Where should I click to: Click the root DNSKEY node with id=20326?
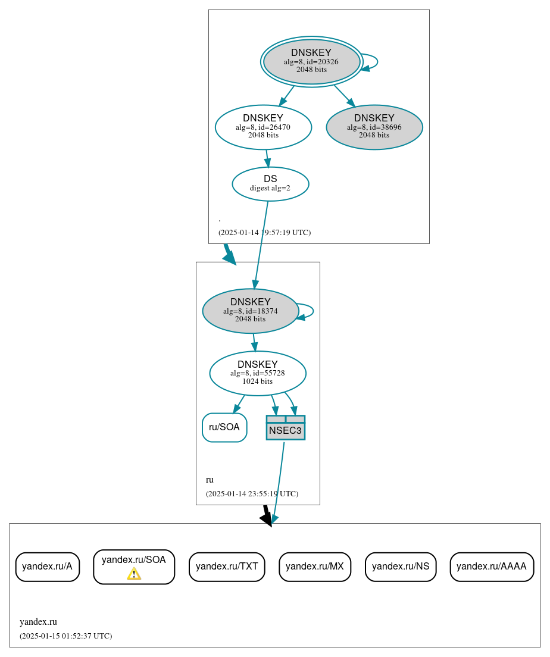point(311,61)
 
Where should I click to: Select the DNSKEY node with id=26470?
point(263,127)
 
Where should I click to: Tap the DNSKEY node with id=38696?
point(374,127)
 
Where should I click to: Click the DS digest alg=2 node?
point(270,183)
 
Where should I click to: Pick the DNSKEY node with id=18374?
point(250,311)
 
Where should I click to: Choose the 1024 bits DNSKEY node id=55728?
point(257,373)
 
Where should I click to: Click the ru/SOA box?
point(224,427)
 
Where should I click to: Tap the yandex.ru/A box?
point(47,567)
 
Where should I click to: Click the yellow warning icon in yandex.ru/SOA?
point(134,574)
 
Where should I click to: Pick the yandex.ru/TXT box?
point(226,567)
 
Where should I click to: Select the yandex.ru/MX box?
point(314,567)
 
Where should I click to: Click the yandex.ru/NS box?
point(401,567)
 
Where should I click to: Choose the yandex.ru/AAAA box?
point(491,567)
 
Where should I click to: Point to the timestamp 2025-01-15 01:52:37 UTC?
point(65,636)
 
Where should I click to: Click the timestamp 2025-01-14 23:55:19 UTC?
point(252,494)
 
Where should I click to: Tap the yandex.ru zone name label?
point(38,622)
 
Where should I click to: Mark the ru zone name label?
point(210,480)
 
